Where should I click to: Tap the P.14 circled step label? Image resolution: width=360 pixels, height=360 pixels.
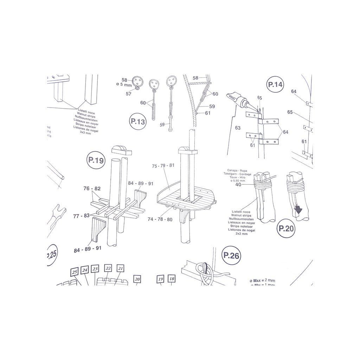coord(275,84)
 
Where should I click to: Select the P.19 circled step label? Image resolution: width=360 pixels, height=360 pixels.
coord(96,160)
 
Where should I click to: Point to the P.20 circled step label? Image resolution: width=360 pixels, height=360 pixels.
coord(286,228)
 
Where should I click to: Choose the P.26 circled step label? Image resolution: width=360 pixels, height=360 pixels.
coord(231,256)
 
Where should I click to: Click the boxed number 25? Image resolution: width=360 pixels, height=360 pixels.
coord(74,272)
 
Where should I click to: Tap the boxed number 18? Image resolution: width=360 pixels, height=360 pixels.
coord(172,279)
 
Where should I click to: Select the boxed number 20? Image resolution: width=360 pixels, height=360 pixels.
coord(137,279)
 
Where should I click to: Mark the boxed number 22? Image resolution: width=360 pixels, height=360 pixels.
coord(108,268)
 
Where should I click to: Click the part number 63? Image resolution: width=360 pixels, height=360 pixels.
coord(238,128)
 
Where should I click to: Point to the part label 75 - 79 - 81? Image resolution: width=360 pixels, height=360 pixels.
coord(163,166)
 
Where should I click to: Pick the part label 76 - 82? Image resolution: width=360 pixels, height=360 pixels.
coord(92,189)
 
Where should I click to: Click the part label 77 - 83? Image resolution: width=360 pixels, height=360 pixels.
coord(81,216)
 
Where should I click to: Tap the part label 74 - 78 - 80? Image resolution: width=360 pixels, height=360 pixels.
coord(160,219)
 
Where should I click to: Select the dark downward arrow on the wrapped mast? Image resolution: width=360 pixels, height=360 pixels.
coord(298,210)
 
